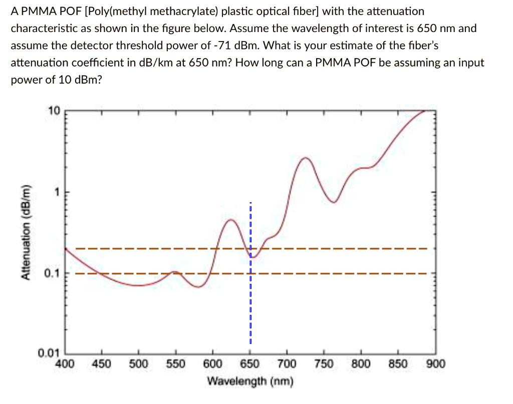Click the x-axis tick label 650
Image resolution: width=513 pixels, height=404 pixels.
point(249,364)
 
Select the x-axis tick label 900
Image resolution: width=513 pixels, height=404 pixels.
point(435,364)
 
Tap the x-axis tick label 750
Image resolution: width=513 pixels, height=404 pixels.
point(324,364)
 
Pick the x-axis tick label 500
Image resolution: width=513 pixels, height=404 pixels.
point(138,364)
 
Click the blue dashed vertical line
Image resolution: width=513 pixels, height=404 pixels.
point(249,300)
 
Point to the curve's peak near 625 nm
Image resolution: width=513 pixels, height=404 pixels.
point(231,220)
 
